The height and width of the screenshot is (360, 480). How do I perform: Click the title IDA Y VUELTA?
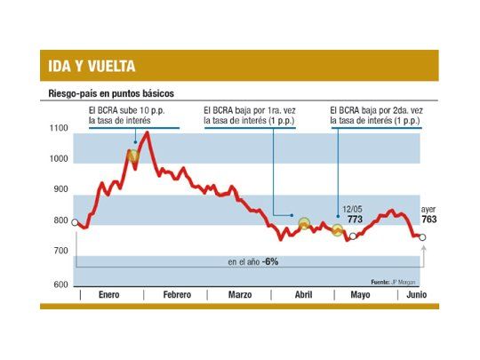92,67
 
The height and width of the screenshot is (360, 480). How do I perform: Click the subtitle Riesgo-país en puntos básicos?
109,92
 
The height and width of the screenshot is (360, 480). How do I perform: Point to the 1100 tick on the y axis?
59,129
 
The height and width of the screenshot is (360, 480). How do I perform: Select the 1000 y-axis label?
59,159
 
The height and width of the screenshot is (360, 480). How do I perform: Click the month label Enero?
108,294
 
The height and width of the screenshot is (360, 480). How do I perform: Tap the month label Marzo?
240,294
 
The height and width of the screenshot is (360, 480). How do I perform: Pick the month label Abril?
303,294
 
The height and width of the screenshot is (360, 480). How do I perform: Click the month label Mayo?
360,294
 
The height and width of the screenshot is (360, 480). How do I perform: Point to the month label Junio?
415,294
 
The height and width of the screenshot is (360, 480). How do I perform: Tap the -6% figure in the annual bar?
270,261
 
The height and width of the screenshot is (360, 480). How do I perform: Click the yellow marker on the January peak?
133,156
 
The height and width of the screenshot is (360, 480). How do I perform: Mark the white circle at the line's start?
75,222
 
